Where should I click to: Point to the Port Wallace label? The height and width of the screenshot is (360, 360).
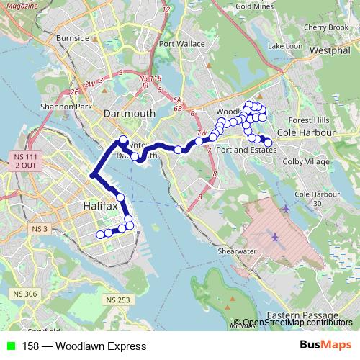click(179, 43)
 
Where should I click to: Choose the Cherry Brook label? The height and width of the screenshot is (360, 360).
click(328, 27)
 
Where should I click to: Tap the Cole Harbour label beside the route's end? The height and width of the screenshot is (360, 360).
click(307, 134)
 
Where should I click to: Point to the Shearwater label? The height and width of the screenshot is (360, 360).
click(238, 251)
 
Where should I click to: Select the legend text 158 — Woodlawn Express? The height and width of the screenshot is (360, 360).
click(84, 346)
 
